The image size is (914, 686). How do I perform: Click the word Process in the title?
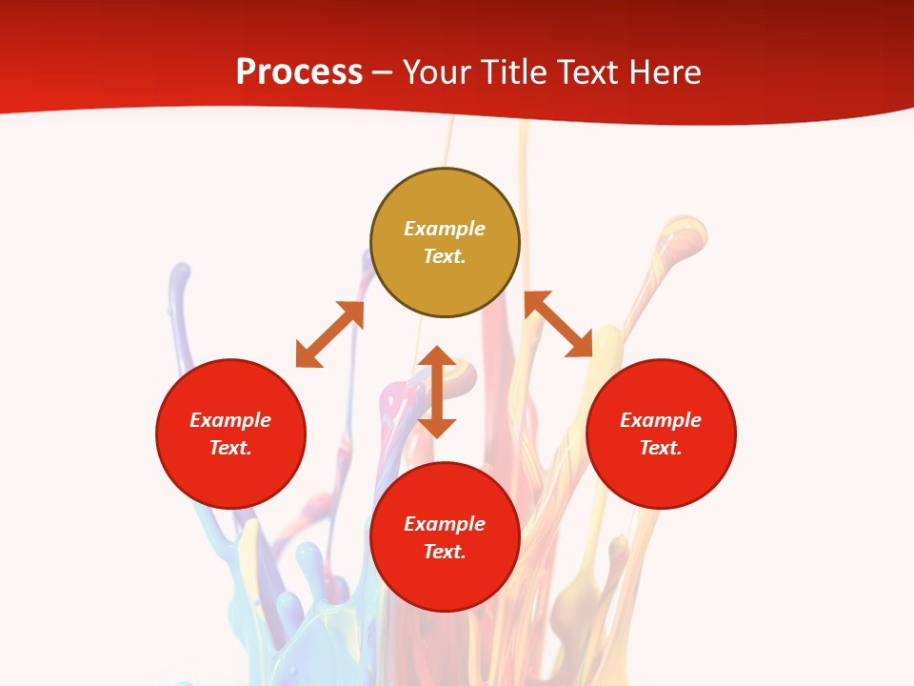(299, 72)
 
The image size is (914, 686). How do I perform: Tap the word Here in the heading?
(663, 72)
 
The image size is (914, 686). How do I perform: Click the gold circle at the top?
(445, 286)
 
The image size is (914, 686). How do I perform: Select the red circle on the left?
(230, 476)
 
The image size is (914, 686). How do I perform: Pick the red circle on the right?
(661, 476)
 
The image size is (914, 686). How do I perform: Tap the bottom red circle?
(445, 581)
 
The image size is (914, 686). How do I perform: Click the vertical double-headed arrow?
(438, 392)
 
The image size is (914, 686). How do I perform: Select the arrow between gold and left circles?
(329, 334)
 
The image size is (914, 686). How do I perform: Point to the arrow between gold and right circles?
(558, 324)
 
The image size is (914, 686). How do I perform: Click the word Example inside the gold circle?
(445, 229)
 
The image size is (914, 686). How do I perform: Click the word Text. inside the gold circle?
(445, 256)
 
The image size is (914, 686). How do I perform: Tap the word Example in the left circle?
(230, 420)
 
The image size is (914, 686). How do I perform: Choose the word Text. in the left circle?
(230, 448)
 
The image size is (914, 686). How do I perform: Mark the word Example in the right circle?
(661, 420)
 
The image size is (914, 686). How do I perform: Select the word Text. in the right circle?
(661, 448)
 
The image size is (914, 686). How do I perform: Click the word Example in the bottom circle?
(445, 524)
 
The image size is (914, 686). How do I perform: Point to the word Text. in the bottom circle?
(445, 552)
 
